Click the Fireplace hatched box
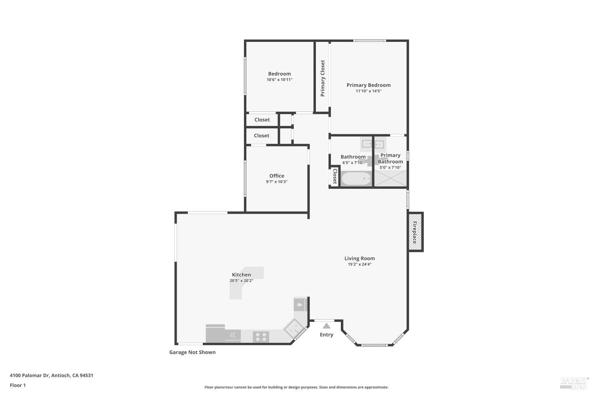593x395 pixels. click(415, 232)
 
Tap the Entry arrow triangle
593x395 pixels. click(326, 326)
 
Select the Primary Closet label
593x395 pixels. click(323, 78)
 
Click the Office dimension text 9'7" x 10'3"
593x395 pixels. click(277, 182)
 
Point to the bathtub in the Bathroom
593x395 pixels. click(356, 179)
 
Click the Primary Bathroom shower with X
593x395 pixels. click(390, 178)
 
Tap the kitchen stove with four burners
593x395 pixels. click(261, 337)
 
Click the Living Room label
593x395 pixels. click(359, 258)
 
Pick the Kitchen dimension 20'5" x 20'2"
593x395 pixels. click(241, 281)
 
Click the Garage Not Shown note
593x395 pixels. click(193, 352)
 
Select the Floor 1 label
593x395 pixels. click(18, 385)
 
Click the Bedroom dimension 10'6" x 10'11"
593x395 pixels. click(280, 80)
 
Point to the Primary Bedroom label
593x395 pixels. click(368, 85)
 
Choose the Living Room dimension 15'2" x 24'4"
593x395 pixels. click(359, 264)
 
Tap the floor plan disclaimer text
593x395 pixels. click(296, 387)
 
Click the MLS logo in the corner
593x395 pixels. click(574, 382)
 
